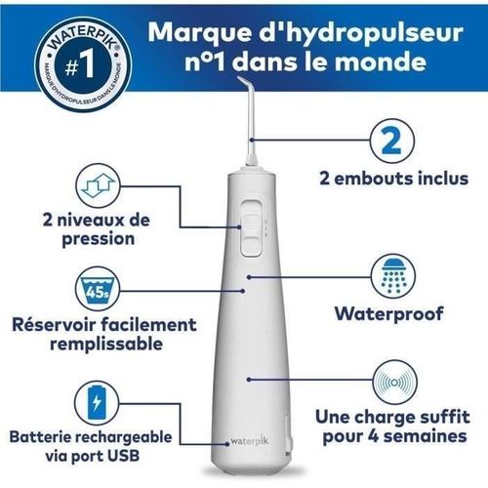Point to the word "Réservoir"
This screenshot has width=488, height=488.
(x=60, y=325)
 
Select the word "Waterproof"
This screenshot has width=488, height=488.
(x=387, y=314)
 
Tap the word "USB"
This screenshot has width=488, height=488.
(x=145, y=455)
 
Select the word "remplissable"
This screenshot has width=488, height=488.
(x=88, y=345)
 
